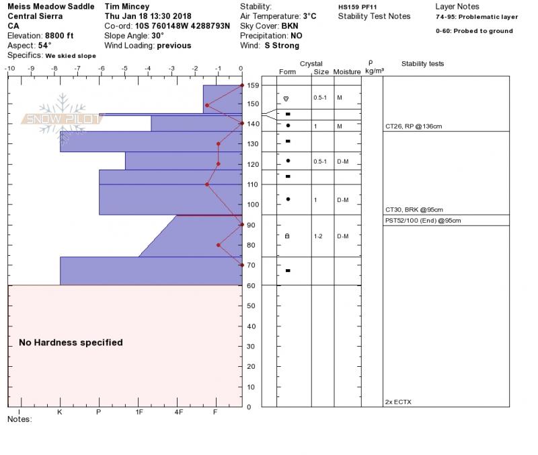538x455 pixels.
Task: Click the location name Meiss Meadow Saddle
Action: pyautogui.click(x=50, y=7)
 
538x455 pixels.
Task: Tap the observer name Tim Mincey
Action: pyautogui.click(x=128, y=7)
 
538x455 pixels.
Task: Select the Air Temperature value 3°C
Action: pyautogui.click(x=309, y=16)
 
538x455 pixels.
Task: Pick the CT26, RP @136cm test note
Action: pyautogui.click(x=414, y=127)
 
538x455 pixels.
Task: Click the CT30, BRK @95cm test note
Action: pyautogui.click(x=414, y=210)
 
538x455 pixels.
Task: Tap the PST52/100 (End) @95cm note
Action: pyautogui.click(x=422, y=221)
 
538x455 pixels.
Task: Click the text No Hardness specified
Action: pyautogui.click(x=71, y=343)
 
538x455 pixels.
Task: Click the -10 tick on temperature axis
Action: pyautogui.click(x=9, y=69)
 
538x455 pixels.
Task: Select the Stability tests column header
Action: pyautogui.click(x=422, y=64)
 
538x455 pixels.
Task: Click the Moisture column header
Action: pyautogui.click(x=347, y=71)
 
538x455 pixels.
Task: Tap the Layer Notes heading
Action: pyautogui.click(x=457, y=7)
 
